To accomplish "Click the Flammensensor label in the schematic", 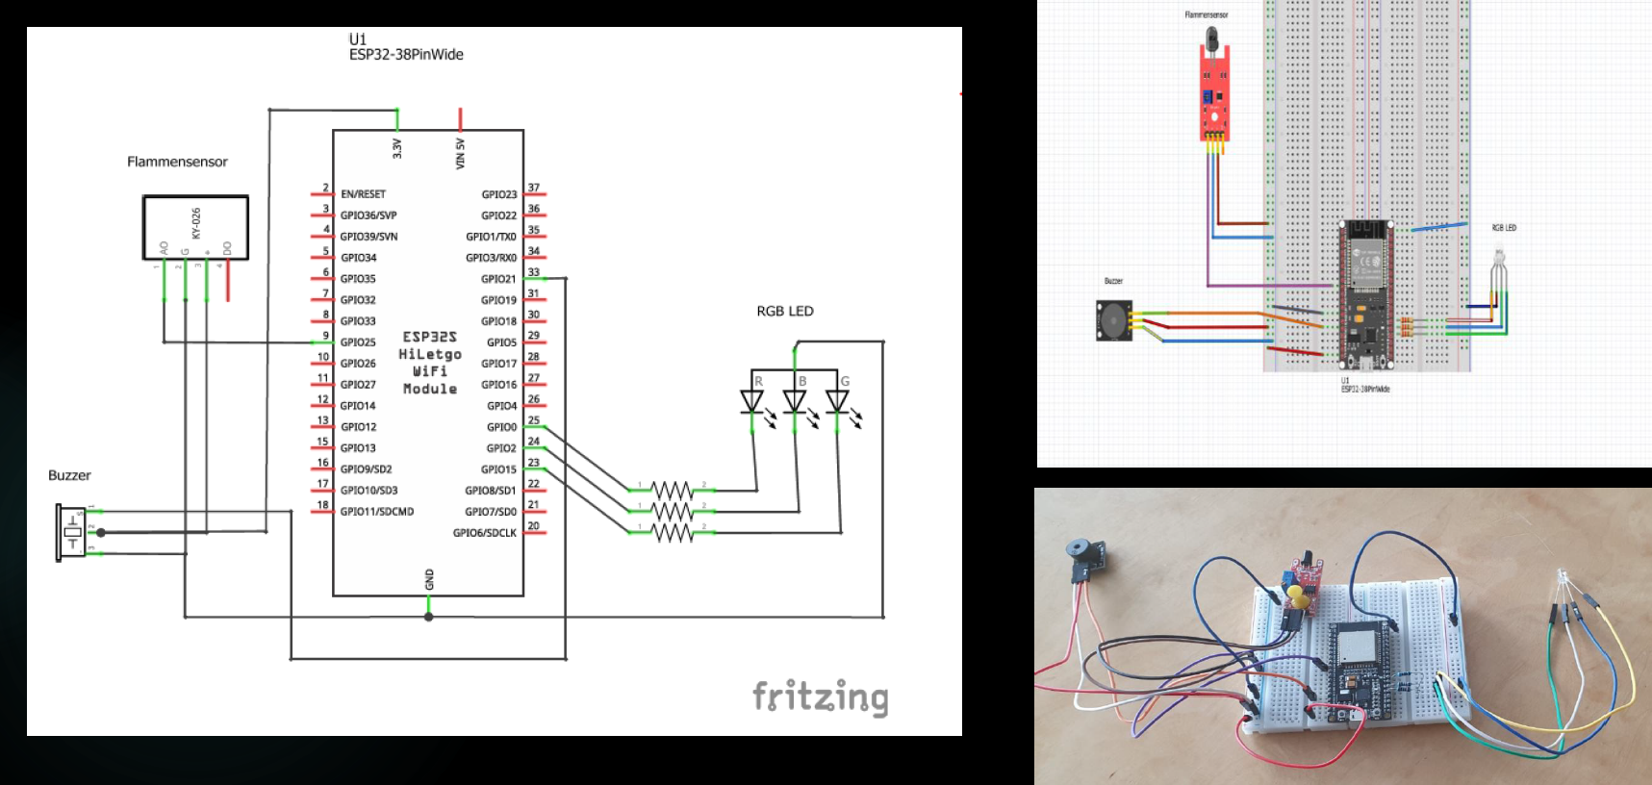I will point(177,162).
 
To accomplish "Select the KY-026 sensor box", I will point(195,227).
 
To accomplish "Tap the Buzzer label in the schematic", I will point(69,475).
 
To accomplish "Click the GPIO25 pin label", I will point(358,342).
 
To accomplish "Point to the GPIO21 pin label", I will point(498,279).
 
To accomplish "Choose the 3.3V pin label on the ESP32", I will point(397,148).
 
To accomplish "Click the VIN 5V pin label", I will point(460,153).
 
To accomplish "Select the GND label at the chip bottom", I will point(429,579).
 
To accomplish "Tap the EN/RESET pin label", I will point(363,194).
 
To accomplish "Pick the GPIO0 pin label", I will point(501,427).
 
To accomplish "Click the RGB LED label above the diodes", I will point(785,311).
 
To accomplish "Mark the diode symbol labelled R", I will point(751,400).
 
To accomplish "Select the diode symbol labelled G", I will point(837,400).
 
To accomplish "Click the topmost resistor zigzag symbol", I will point(672,490).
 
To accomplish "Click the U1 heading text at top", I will point(358,39).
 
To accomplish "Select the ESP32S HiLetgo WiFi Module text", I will point(430,363).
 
